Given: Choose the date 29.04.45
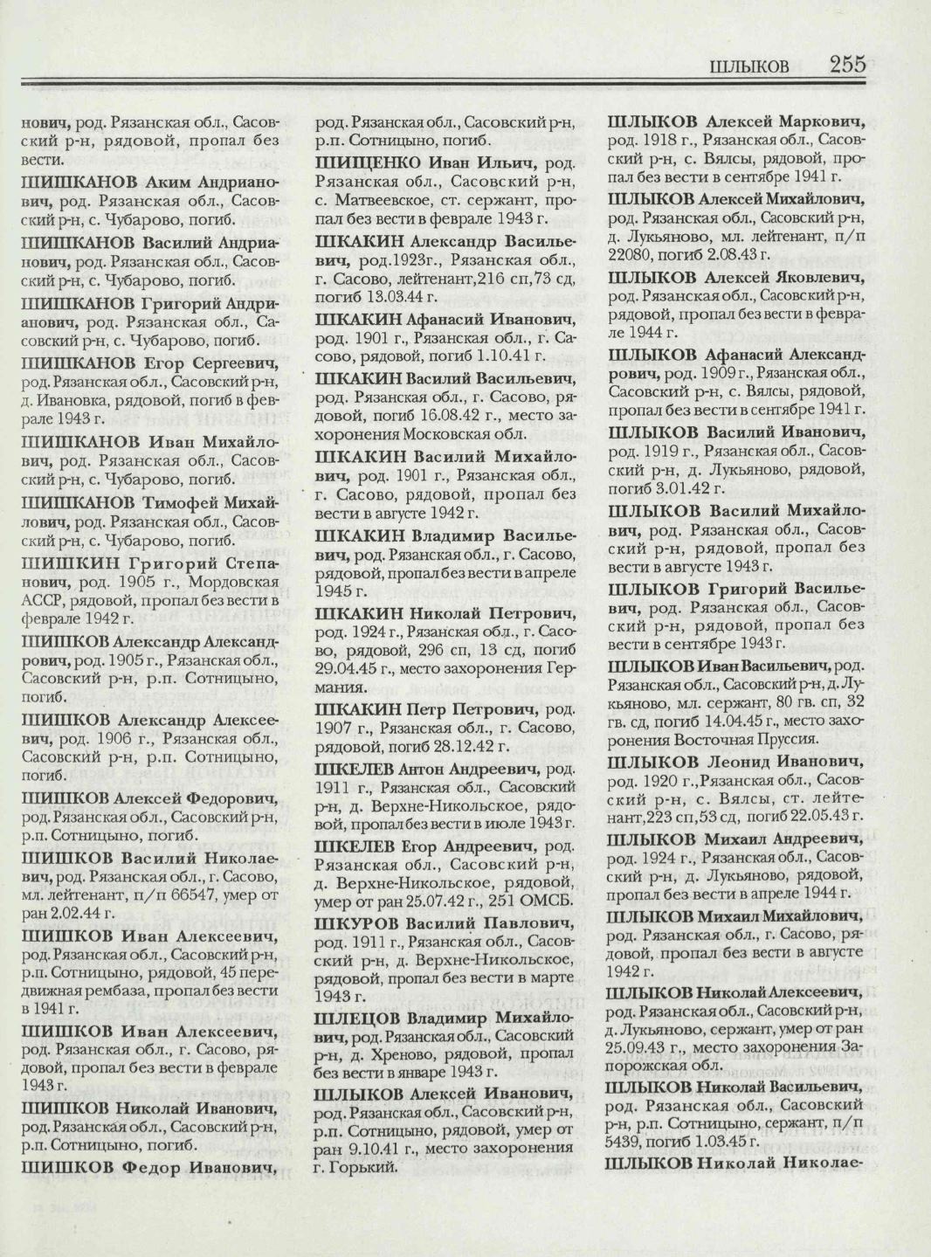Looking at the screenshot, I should [347, 671].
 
